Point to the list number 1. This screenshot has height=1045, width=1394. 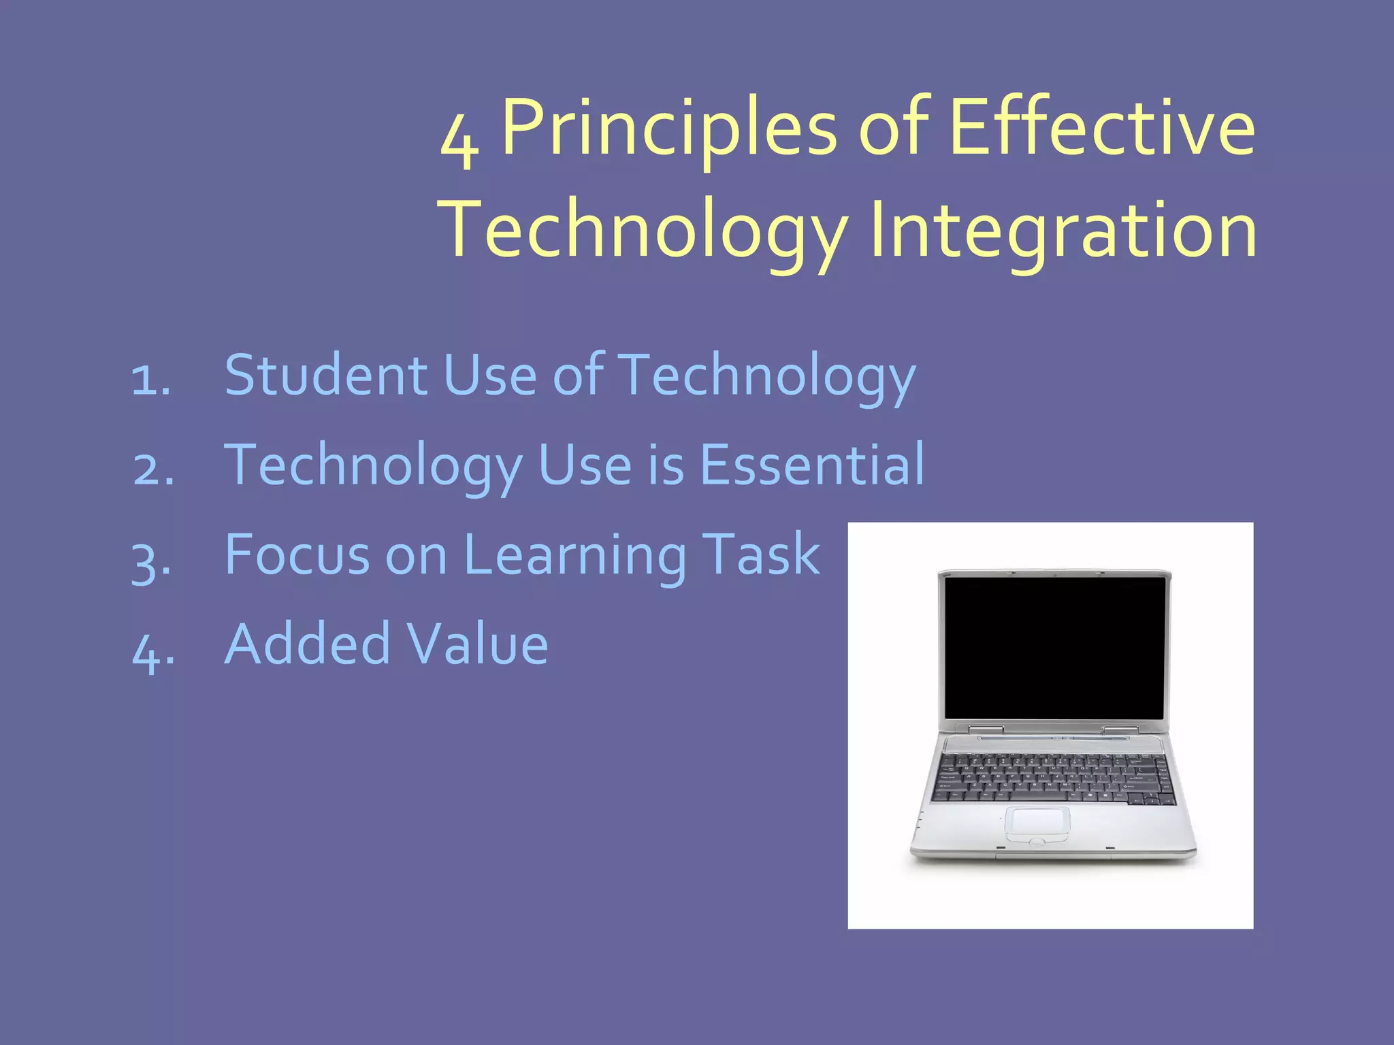coord(150,380)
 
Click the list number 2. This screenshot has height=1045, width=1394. coord(152,470)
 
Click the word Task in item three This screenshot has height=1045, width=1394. coord(760,554)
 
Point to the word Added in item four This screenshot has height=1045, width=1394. coord(307,644)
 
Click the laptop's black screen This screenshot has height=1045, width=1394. coord(1055,646)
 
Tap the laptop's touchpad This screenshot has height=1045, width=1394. coord(1037,822)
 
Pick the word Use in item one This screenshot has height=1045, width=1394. coord(489,375)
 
